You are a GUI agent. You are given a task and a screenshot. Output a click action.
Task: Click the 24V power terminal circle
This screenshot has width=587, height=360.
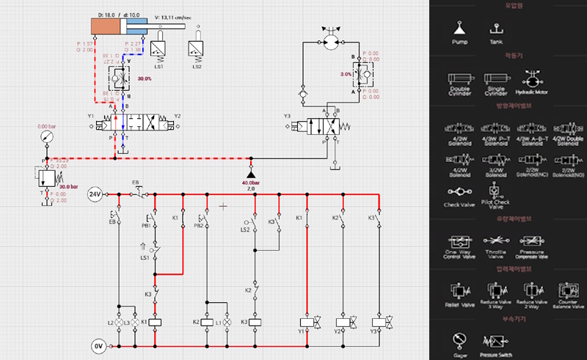coord(95,194)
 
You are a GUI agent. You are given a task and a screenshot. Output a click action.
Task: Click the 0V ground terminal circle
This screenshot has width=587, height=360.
coord(98,345)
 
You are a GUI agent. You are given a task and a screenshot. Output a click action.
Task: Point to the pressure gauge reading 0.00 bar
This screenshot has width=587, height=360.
coord(46,137)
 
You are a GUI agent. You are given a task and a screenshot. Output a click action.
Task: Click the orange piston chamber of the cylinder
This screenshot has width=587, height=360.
coord(109,26)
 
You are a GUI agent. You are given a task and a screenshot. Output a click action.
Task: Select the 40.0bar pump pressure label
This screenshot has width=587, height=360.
coord(251,183)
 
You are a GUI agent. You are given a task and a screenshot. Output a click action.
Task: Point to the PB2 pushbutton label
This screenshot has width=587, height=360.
coord(198,226)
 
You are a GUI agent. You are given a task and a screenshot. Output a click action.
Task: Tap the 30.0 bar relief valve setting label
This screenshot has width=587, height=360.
coord(68,185)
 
